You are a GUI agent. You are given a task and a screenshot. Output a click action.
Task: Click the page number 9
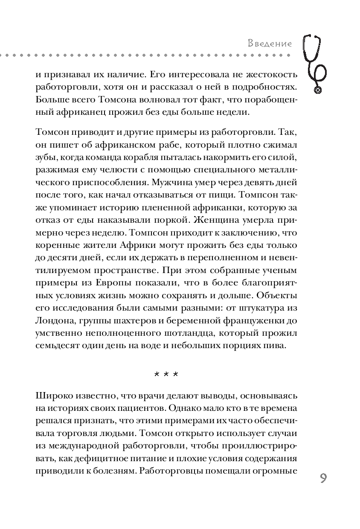[322, 478]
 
